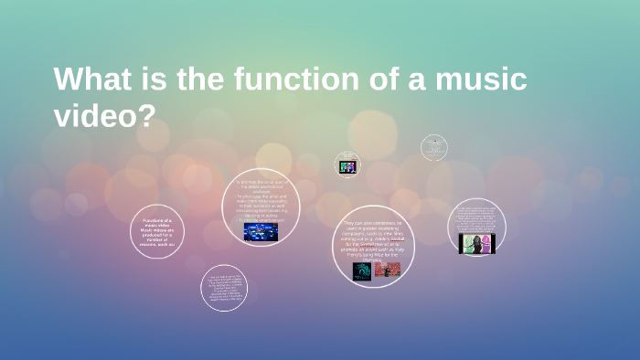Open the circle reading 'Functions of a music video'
coord(157,231)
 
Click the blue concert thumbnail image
coord(261,232)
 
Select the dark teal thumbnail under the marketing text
coord(362,270)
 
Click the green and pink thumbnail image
coord(475,243)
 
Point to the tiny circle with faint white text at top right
coord(434,147)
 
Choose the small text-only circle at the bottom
coord(223,288)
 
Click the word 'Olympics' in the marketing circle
coord(373,259)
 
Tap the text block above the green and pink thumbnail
coord(476,219)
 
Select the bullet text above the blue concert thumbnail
coord(261,200)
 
